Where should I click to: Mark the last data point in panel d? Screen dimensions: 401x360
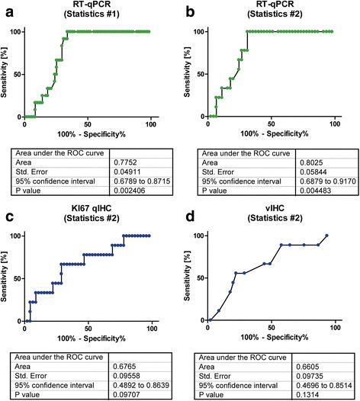(x=326, y=236)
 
